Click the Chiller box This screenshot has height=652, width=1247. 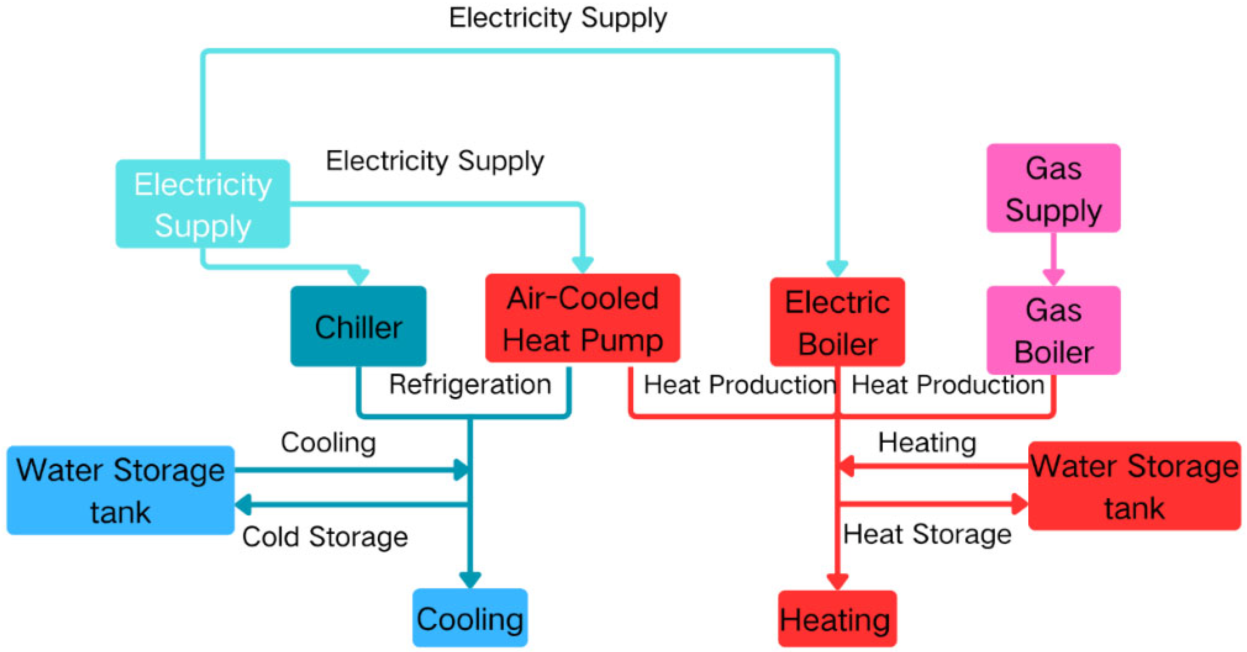click(x=358, y=326)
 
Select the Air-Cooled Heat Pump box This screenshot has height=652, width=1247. click(x=582, y=318)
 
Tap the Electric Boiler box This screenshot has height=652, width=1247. click(x=837, y=322)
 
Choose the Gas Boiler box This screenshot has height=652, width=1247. click(x=1053, y=330)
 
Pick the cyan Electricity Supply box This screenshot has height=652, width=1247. click(x=202, y=204)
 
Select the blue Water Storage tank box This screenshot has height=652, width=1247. click(x=120, y=490)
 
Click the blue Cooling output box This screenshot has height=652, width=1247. click(x=470, y=618)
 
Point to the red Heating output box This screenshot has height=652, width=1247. click(x=837, y=618)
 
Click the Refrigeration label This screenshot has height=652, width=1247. click(x=470, y=384)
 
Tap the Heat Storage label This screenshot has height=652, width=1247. click(x=927, y=534)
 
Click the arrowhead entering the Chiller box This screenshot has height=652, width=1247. click(x=359, y=276)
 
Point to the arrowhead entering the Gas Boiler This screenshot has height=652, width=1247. click(x=1053, y=277)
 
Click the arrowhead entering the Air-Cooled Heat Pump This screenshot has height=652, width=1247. click(x=583, y=265)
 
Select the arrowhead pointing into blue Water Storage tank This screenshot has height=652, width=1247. click(x=243, y=504)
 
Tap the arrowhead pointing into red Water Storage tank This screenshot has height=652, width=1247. click(x=1020, y=504)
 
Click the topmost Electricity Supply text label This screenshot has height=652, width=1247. click(x=558, y=18)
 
